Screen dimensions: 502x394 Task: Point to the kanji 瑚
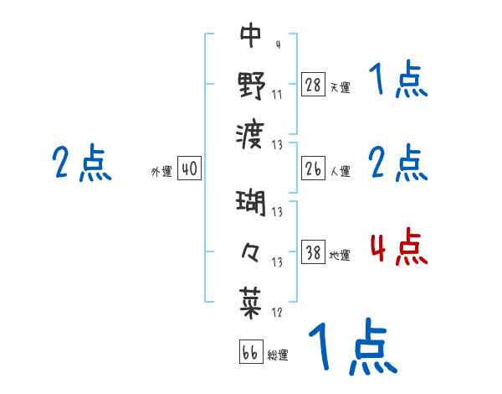(x=251, y=204)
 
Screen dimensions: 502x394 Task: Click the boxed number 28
(x=313, y=85)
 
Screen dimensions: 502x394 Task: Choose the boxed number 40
(x=189, y=169)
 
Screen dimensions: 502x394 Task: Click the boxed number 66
(x=250, y=352)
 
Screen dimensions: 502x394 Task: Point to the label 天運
(x=340, y=87)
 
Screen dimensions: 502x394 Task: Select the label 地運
(x=340, y=255)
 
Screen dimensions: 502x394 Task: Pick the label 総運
(x=278, y=355)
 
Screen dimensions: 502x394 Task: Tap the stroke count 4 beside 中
(x=277, y=44)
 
